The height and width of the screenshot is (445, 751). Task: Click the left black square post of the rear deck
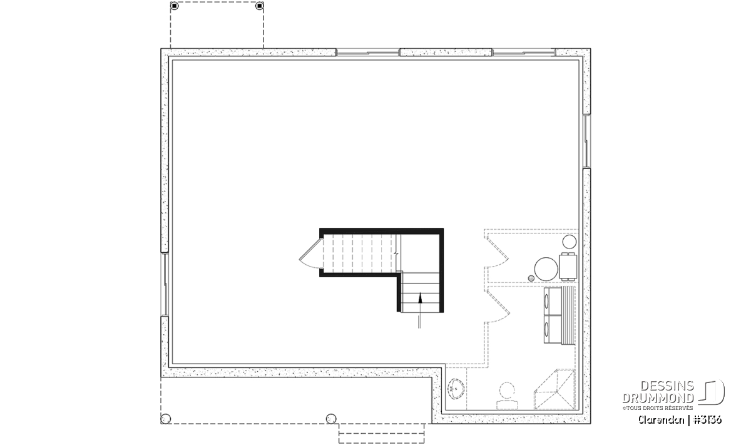175,6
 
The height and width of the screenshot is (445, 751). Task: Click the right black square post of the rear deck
260,6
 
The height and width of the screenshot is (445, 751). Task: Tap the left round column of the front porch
166,419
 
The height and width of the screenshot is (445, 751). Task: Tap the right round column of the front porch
331,419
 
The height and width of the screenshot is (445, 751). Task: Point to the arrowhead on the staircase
420,297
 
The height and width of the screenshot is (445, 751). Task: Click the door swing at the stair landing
310,255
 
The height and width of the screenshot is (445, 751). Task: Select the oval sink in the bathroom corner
456,389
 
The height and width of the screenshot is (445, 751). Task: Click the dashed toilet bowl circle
507,391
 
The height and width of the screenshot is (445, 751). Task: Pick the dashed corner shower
555,389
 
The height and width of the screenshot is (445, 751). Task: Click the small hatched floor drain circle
531,278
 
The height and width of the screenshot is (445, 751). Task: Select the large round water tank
546,269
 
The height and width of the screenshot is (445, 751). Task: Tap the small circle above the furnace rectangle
570,242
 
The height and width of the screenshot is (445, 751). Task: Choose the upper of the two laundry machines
553,301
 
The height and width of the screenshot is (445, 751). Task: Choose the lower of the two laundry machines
553,329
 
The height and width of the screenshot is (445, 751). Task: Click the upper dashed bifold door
496,252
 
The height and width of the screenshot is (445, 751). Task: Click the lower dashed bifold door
497,306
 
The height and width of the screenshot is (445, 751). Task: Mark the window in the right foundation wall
586,141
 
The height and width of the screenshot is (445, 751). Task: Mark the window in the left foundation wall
165,284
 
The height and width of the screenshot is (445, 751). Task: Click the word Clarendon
661,420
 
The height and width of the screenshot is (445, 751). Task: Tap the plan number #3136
707,420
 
